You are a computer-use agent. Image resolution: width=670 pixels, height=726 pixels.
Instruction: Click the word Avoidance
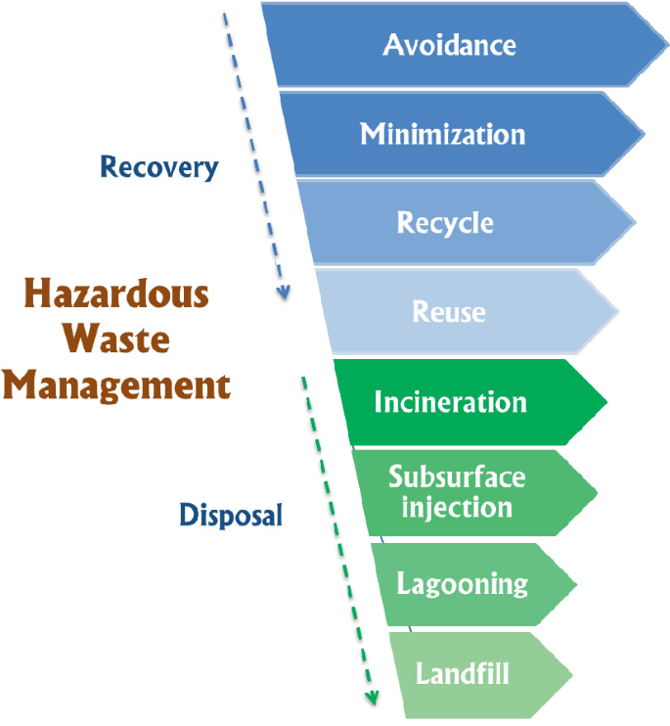[x=449, y=45]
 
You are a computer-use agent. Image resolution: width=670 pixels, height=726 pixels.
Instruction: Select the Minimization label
[x=442, y=134]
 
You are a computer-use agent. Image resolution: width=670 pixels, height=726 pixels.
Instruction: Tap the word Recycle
[x=445, y=223]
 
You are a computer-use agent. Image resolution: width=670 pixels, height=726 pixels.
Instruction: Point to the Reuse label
[x=449, y=312]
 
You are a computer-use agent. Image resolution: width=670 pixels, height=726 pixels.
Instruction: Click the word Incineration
[x=450, y=402]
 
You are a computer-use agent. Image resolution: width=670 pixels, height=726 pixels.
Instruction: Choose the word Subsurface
[x=457, y=477]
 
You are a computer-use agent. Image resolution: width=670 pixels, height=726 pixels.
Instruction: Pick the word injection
[x=457, y=508]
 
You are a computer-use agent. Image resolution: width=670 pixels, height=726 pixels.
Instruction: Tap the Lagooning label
[x=462, y=585]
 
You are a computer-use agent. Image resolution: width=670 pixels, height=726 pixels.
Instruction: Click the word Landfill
[x=463, y=674]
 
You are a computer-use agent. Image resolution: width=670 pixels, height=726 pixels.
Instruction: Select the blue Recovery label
[x=159, y=167]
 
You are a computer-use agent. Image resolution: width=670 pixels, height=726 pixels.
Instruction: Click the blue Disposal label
[x=231, y=515]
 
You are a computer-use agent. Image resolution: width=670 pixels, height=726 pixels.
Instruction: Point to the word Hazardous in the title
[x=116, y=295]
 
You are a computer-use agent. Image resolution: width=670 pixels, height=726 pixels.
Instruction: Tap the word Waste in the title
[x=117, y=340]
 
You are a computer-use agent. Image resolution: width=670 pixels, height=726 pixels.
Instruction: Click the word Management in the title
[x=116, y=386]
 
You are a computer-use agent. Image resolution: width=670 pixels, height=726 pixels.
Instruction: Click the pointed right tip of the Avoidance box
[x=668, y=45]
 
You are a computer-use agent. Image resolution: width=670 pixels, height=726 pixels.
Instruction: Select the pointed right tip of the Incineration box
[x=607, y=402]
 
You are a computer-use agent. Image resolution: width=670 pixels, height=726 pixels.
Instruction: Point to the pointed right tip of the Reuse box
[x=620, y=312]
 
